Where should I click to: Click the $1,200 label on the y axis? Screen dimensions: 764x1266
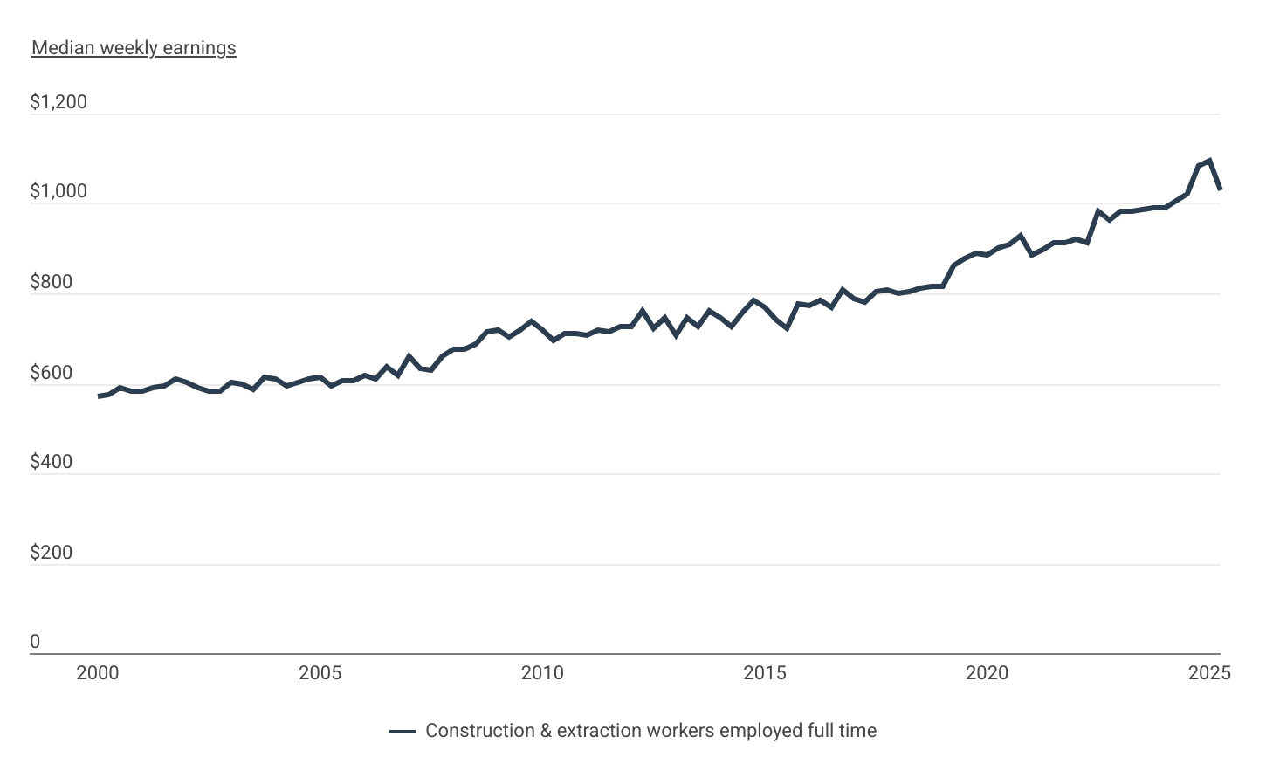pyautogui.click(x=58, y=102)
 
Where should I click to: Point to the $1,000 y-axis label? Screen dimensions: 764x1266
pyautogui.click(x=58, y=192)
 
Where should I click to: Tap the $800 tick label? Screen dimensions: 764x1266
pyautogui.click(x=52, y=282)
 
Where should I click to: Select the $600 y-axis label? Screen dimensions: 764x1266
pyautogui.click(x=52, y=373)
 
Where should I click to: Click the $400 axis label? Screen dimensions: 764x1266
pyautogui.click(x=52, y=462)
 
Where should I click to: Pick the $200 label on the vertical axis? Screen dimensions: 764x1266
pyautogui.click(x=52, y=553)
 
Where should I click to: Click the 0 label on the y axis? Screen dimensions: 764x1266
pyautogui.click(x=35, y=642)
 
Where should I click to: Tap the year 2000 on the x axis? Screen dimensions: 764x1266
pyautogui.click(x=98, y=673)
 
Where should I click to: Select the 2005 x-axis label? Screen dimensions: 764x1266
pyautogui.click(x=320, y=673)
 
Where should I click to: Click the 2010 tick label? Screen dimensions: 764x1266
pyautogui.click(x=542, y=673)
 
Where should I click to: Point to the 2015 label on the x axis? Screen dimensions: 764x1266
pyautogui.click(x=765, y=673)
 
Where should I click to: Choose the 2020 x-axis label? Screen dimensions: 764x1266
pyautogui.click(x=987, y=673)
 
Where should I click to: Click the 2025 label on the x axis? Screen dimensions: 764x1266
pyautogui.click(x=1209, y=673)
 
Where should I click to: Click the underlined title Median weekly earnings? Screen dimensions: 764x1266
pyautogui.click(x=134, y=48)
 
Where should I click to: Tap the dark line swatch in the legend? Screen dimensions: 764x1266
pyautogui.click(x=403, y=732)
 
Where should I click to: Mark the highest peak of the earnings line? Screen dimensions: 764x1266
pyautogui.click(x=1209, y=161)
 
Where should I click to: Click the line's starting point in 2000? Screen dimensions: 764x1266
pyautogui.click(x=99, y=396)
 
